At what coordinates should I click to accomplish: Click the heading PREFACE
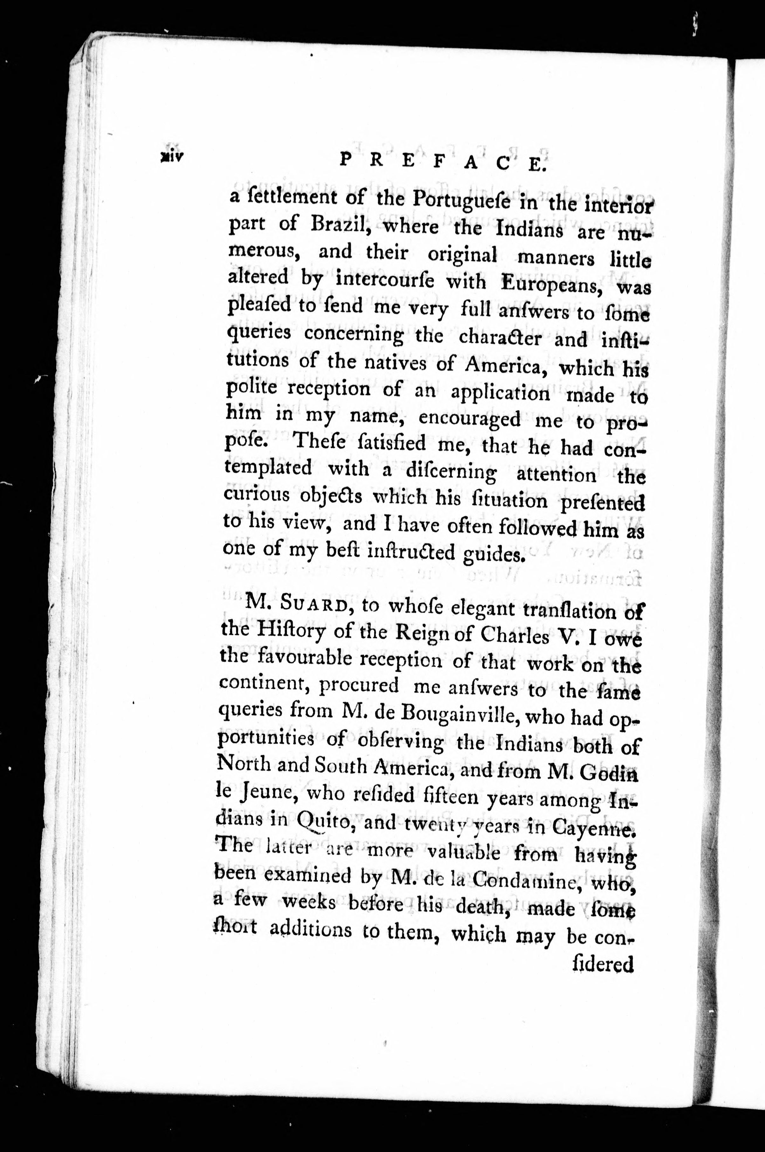[x=442, y=162]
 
